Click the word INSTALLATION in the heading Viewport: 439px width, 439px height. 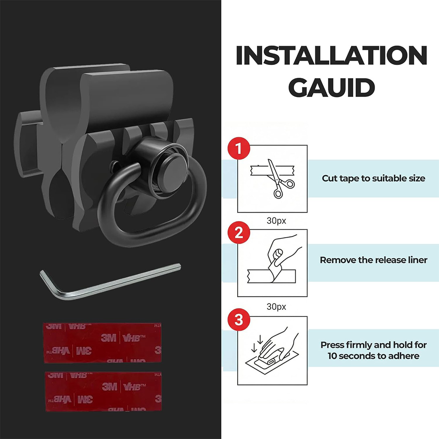[331, 56]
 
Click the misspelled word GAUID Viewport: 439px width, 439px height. [331, 87]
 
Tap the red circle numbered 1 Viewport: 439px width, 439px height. [239, 149]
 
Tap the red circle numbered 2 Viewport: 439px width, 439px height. [239, 233]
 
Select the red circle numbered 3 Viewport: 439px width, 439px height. [239, 320]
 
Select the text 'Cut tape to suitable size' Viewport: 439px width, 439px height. [373, 178]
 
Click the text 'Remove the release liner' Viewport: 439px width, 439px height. [373, 260]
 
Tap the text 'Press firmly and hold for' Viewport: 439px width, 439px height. [373, 345]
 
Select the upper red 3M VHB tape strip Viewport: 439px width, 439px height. [103, 343]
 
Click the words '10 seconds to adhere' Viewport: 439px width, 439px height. [373, 356]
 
